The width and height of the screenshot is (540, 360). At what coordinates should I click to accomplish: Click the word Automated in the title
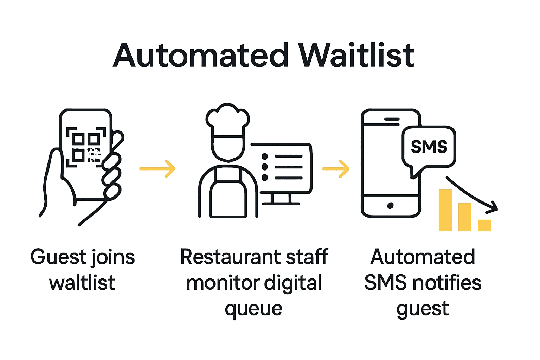pos(201,56)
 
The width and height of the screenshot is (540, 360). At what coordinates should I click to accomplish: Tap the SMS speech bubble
pos(429,147)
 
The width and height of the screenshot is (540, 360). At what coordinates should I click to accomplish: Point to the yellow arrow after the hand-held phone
pos(157,169)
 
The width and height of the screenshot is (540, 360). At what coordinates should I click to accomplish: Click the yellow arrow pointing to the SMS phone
pos(336,169)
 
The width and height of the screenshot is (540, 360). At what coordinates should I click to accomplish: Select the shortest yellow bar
pos(484,225)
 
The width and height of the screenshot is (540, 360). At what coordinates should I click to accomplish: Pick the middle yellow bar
pos(465,217)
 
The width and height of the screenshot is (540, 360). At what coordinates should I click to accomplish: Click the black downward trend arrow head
pos(494,208)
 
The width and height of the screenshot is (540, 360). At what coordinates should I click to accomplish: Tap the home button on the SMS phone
pos(390,206)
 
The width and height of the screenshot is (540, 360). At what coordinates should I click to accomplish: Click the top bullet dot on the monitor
pos(265,156)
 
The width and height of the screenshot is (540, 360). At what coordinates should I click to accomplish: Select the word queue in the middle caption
pos(253,309)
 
